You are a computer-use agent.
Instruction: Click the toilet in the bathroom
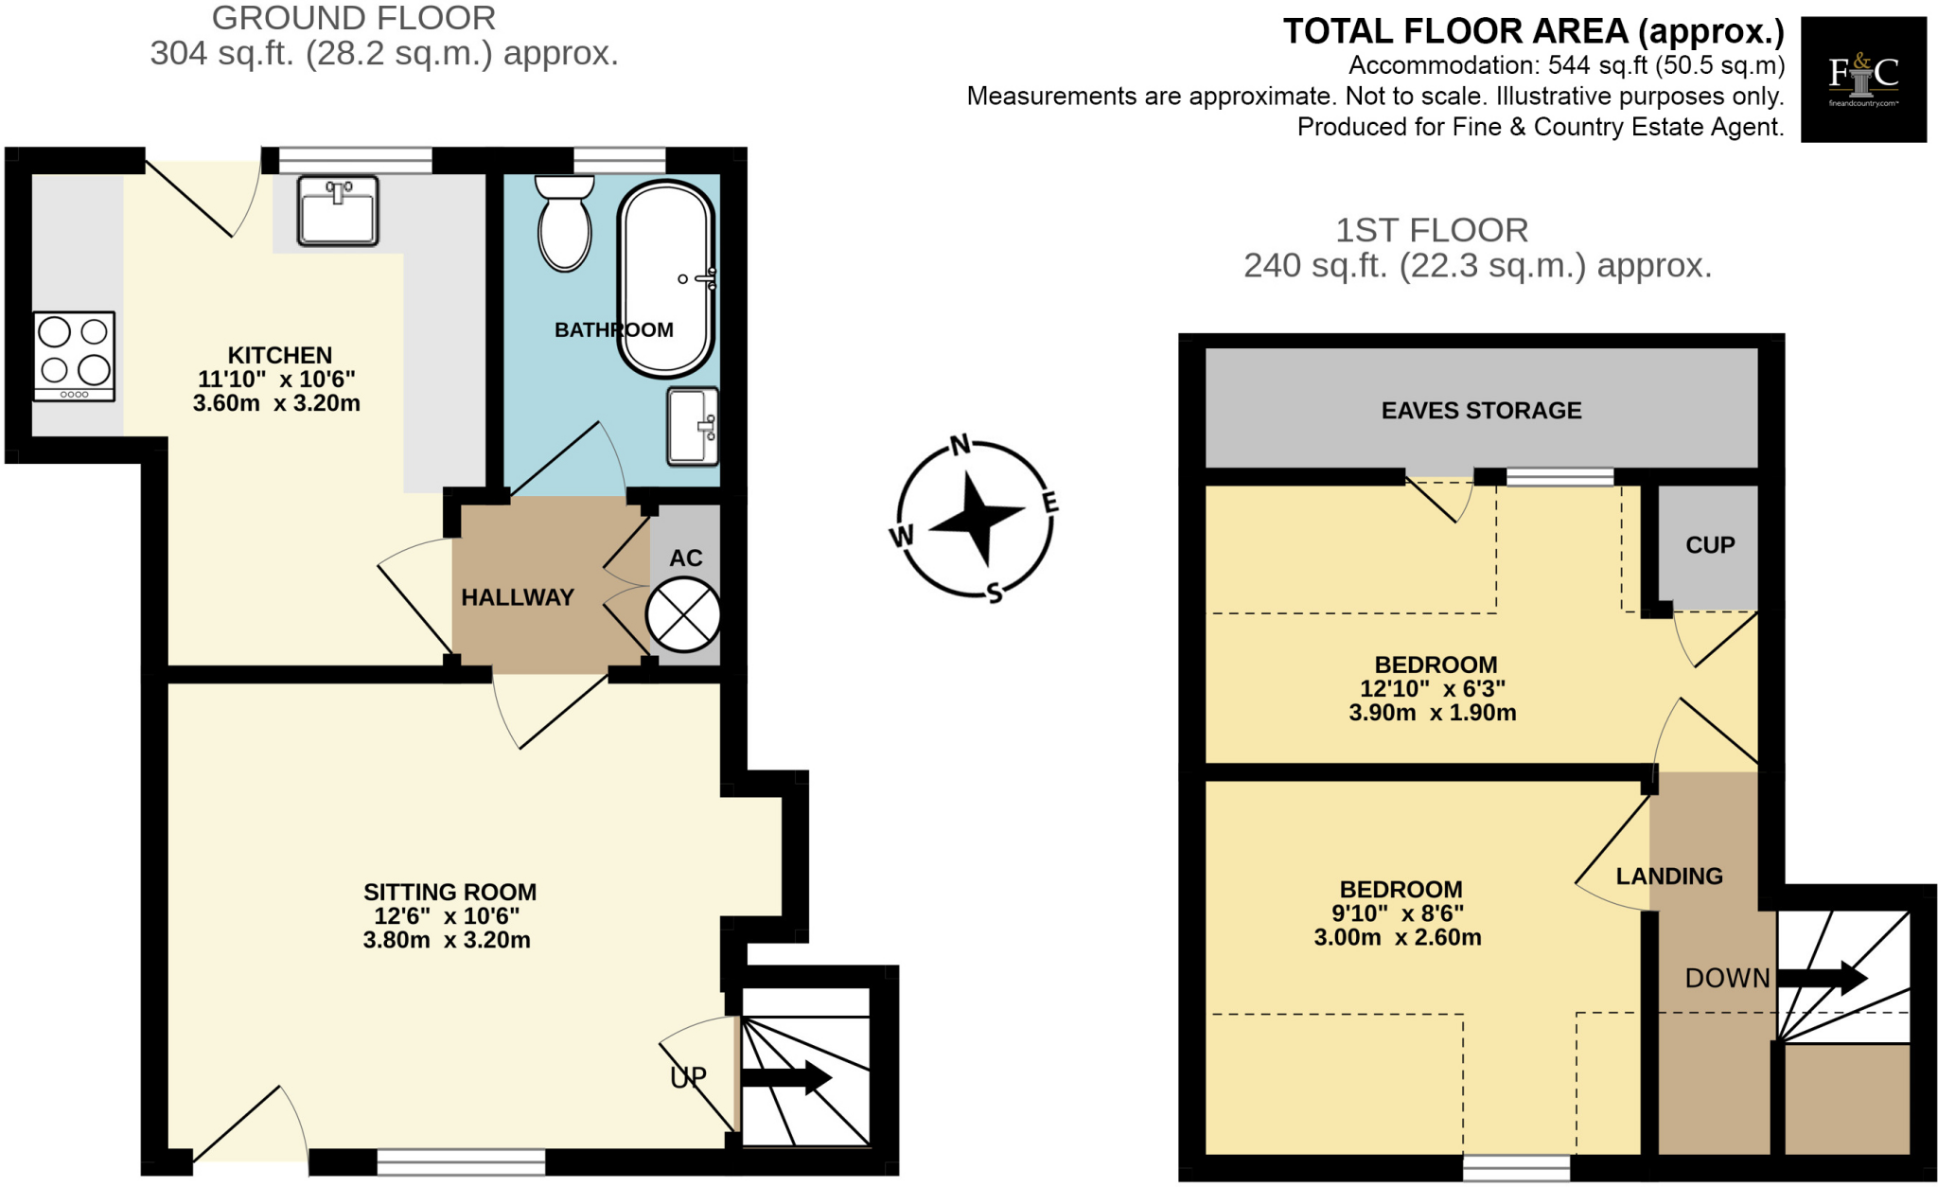[x=565, y=225]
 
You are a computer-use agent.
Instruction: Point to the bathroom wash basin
[x=694, y=426]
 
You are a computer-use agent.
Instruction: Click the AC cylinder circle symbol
[x=683, y=615]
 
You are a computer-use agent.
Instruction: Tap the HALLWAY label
[x=518, y=597]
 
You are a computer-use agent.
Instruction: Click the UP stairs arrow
[x=785, y=1077]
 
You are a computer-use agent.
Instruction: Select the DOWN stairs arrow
[x=1822, y=978]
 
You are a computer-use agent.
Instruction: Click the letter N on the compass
[x=960, y=445]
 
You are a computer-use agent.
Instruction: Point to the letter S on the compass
[x=994, y=593]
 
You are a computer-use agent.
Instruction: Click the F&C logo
[x=1862, y=80]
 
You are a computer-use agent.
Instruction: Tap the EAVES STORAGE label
[x=1481, y=411]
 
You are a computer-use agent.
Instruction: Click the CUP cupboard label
[x=1710, y=545]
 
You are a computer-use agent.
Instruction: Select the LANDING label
[x=1669, y=877]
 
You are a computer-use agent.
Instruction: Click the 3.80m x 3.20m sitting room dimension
[x=447, y=940]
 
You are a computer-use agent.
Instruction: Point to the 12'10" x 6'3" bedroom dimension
[x=1433, y=689]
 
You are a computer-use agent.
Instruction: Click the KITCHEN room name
[x=280, y=355]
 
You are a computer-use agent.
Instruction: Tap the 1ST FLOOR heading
[x=1431, y=230]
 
